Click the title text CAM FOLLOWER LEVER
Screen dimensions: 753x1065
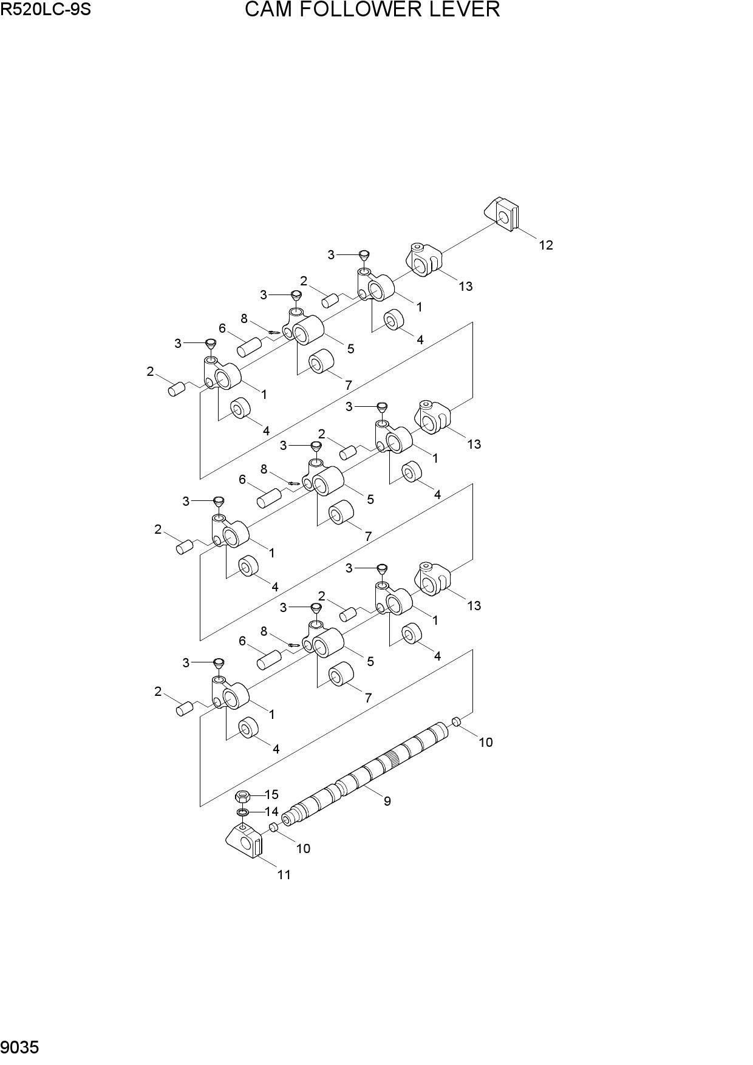click(372, 10)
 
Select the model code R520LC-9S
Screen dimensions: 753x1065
click(46, 10)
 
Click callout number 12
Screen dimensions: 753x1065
click(546, 245)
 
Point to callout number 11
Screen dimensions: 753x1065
click(284, 874)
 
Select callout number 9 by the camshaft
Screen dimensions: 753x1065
click(387, 801)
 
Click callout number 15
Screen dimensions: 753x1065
click(271, 794)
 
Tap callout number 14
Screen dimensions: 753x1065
click(271, 811)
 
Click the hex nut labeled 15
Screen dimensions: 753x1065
click(243, 795)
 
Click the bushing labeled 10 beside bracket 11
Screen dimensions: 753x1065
click(274, 827)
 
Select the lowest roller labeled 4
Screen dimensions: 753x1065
click(248, 728)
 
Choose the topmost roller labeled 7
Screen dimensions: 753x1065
click(322, 363)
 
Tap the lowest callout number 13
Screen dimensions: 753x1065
click(474, 605)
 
